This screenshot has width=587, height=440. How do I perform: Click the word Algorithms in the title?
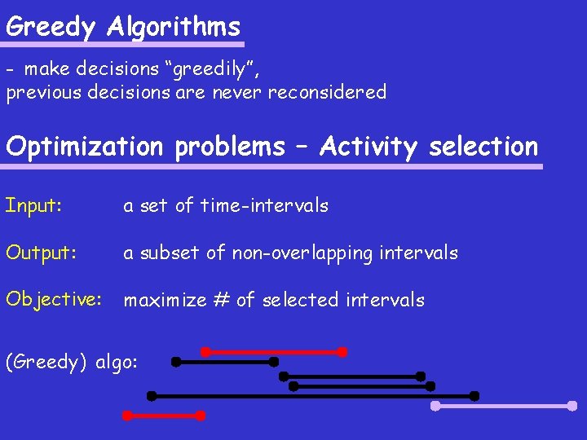pos(174,27)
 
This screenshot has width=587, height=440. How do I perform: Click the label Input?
pos(33,205)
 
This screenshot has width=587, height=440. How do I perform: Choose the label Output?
pos(41,253)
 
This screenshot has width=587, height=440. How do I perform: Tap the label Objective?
pos(54,300)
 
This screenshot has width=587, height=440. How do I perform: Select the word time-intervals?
pos(264,205)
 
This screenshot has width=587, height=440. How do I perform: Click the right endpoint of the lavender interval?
pos(572,405)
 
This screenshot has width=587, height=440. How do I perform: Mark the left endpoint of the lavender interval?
pos(435,405)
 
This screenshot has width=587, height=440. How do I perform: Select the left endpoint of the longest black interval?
pos(152,396)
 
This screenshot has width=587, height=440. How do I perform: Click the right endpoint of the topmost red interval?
pos(342,352)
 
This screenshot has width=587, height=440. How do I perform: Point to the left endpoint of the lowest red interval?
pos(126,416)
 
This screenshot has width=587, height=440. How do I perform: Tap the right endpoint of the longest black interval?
pos(474,396)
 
